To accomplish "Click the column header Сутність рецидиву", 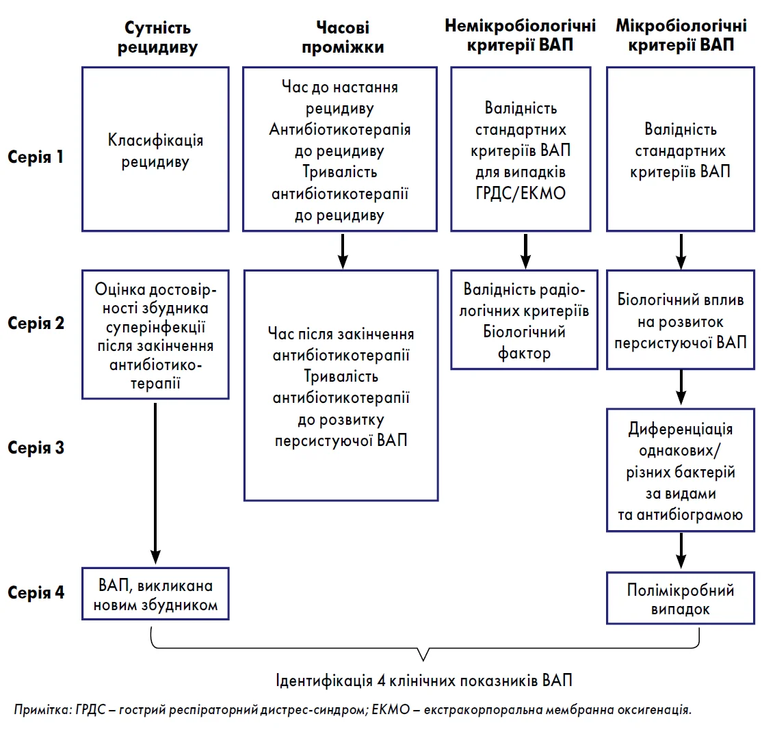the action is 157,38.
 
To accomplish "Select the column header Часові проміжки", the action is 343,38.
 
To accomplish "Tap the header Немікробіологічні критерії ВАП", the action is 520,35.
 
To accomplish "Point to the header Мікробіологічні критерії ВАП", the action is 681,35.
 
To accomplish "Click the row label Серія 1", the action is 36,157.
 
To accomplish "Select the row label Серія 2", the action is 36,323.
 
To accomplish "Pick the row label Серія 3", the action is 36,447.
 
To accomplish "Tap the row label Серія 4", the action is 36,592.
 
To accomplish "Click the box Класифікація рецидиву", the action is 155,149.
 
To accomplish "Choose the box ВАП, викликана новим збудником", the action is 155,594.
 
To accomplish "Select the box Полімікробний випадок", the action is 681,598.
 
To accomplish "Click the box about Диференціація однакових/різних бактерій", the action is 681,471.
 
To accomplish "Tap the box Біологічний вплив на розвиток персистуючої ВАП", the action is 681,319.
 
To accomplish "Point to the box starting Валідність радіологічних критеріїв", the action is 524,319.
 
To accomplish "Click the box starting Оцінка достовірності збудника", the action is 155,334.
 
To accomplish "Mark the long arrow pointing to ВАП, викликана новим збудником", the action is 155,484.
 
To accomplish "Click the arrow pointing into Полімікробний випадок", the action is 681,551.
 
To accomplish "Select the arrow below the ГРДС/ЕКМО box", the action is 525,251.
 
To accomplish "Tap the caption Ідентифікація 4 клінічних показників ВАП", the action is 424,680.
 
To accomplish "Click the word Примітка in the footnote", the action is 42,710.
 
